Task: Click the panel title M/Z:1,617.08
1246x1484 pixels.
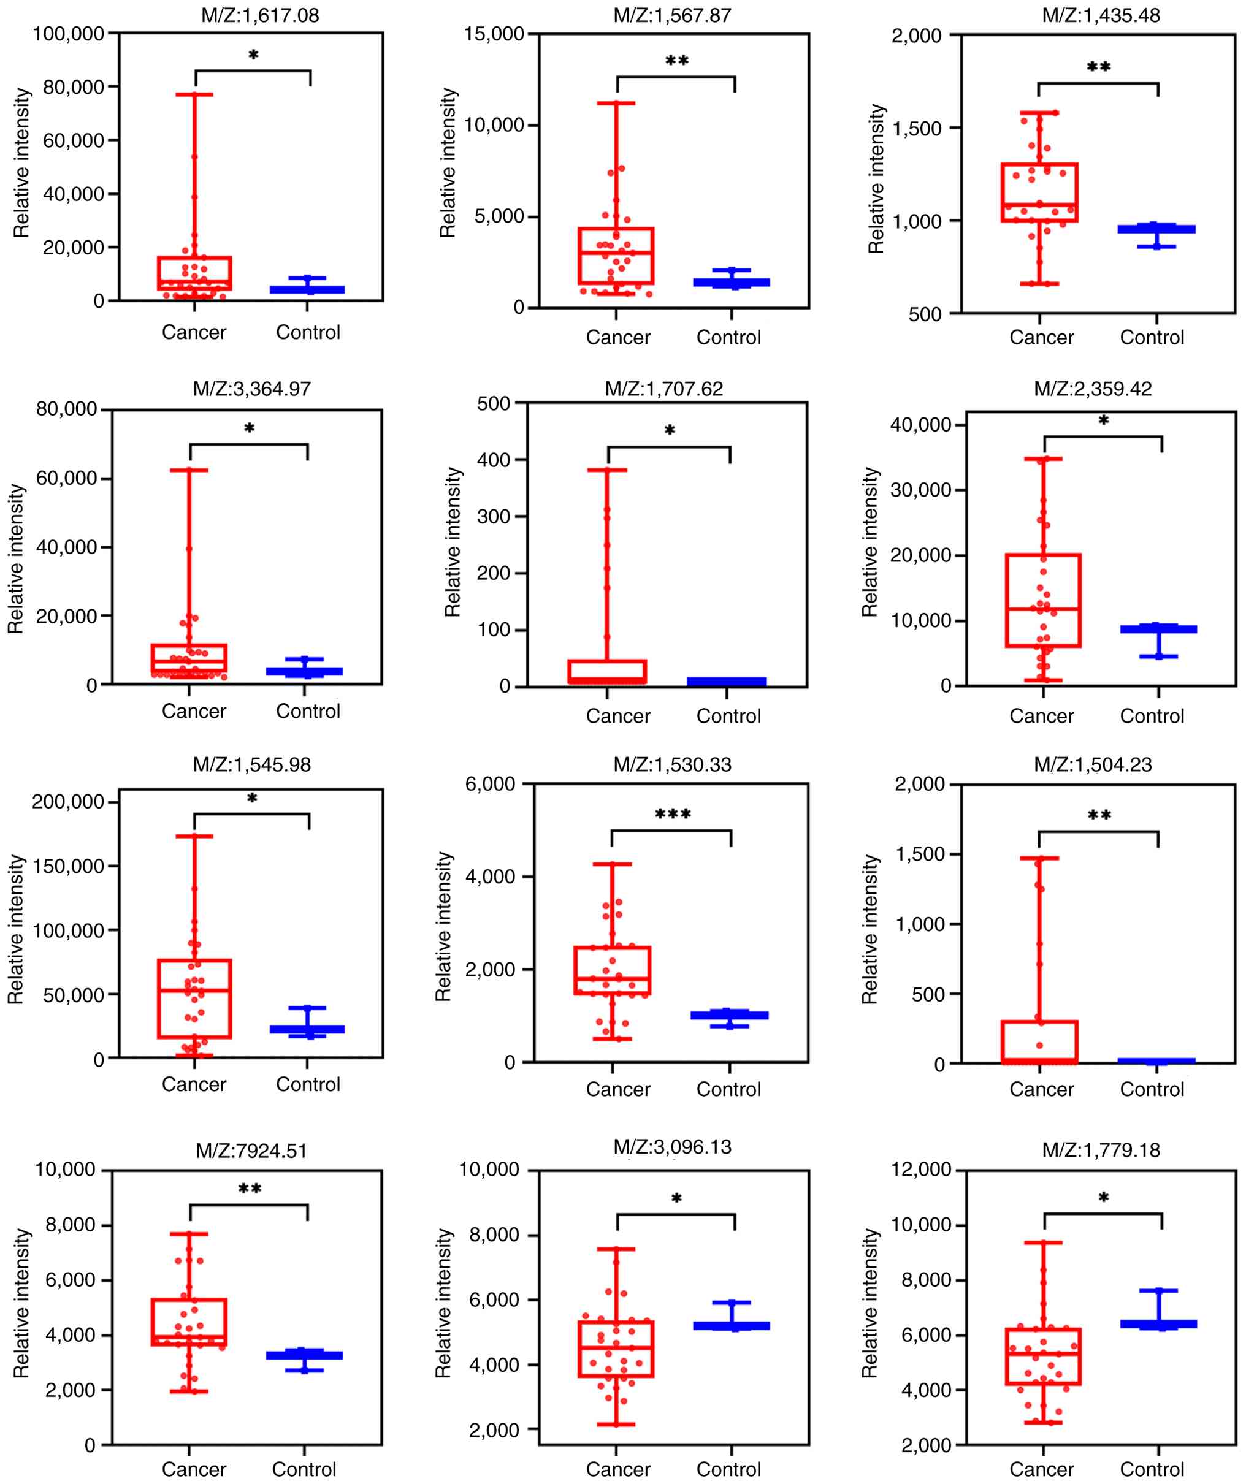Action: coord(259,15)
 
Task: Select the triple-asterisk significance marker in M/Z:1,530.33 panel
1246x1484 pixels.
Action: coord(672,814)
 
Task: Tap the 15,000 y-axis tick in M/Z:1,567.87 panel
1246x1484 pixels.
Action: coord(494,34)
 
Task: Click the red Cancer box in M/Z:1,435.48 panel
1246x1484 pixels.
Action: coord(1039,192)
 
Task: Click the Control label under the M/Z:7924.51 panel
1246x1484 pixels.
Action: coord(304,1469)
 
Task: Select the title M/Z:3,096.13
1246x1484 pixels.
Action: coord(672,1146)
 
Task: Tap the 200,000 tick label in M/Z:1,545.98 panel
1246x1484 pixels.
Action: coord(68,801)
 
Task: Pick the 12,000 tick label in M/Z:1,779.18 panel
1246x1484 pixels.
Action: coord(921,1170)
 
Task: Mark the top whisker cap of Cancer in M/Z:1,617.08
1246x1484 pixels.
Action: coord(194,94)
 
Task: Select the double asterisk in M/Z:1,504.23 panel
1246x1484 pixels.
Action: coord(1099,815)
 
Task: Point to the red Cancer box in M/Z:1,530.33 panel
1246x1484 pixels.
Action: coord(613,970)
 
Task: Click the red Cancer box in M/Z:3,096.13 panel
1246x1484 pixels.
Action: coord(616,1349)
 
